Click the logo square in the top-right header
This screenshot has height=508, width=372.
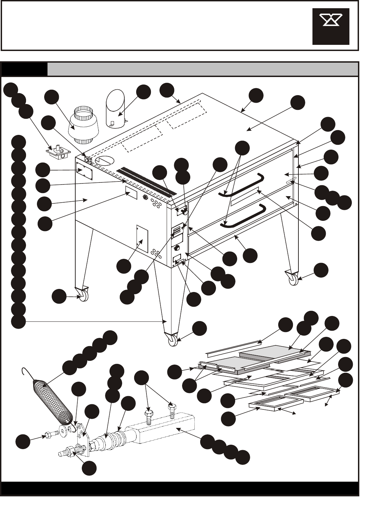pos(331,26)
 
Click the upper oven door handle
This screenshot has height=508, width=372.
pos(243,185)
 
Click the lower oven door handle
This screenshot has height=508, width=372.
pos(243,216)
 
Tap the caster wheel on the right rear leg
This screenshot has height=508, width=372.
pos(293,278)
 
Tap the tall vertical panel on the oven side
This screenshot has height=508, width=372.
pos(142,239)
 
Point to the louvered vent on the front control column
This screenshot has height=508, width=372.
pos(177,230)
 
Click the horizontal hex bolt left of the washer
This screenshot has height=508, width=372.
pos(51,435)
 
